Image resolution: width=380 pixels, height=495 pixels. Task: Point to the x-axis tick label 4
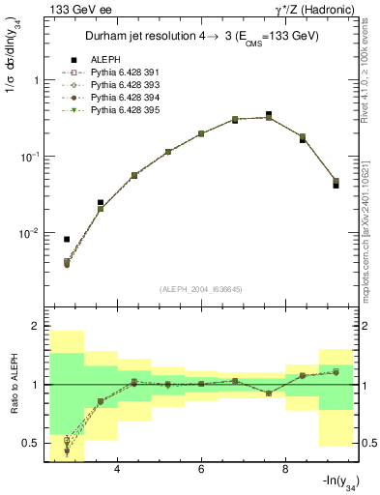(x=117, y=470)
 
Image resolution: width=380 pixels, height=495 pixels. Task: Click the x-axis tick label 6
(x=201, y=470)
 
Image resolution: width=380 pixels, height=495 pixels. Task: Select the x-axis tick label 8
(x=285, y=470)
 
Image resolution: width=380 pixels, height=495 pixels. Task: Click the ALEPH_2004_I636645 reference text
(x=201, y=289)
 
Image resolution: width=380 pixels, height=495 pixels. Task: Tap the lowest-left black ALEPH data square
(x=67, y=239)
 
